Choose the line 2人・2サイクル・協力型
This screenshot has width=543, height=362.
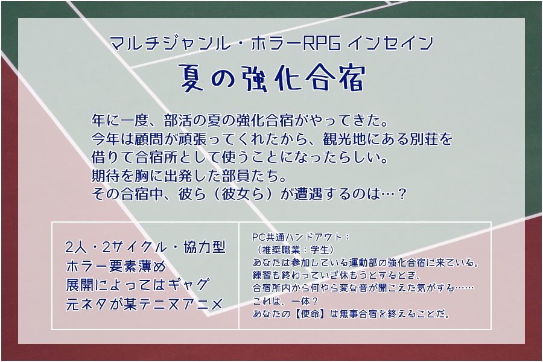coord(144,247)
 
